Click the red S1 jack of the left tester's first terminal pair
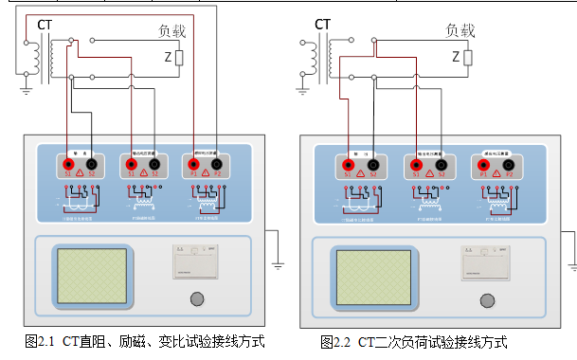point(69,164)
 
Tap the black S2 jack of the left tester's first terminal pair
point(92,164)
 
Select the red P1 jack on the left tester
point(194,164)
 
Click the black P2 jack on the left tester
point(217,164)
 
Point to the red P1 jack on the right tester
point(484,164)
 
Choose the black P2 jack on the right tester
point(507,164)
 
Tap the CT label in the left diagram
point(45,23)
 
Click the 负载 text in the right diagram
point(460,29)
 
